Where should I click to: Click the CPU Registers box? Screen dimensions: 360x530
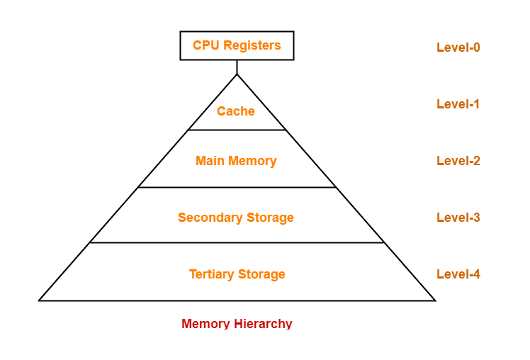237,45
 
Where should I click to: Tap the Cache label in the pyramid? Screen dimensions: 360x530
236,111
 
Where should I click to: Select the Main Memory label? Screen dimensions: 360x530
236,161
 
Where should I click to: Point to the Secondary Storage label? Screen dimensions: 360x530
236,218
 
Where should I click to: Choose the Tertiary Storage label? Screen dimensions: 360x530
237,274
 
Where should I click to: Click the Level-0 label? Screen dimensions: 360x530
458,47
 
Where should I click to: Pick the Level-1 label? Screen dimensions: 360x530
458,104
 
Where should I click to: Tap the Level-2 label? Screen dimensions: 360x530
458,161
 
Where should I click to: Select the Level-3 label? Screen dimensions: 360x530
458,218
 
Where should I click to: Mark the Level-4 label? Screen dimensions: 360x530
458,274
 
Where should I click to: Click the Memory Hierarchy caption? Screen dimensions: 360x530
237,324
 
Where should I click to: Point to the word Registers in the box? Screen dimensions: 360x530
253,45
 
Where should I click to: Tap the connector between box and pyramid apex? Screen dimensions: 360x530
237,67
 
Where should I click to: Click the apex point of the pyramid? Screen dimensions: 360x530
237,74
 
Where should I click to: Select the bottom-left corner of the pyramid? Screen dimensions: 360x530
40,300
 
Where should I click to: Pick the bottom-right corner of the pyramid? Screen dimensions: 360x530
435,300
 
